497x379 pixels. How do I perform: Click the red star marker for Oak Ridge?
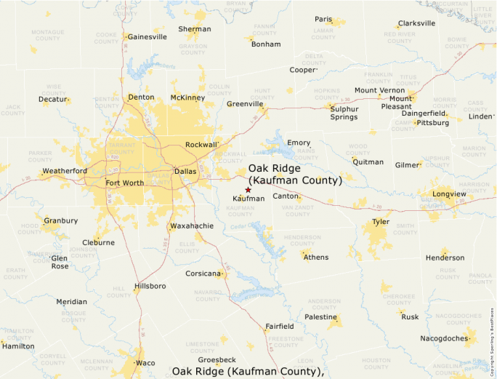click(248, 190)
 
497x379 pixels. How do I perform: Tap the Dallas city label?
click(185, 172)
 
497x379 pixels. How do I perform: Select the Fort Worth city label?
click(124, 183)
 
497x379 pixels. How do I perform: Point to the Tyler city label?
click(381, 221)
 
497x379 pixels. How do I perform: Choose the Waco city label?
click(145, 362)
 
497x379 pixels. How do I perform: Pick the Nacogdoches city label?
click(444, 338)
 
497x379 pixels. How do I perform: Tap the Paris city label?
click(323, 20)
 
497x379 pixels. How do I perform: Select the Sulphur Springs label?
click(344, 113)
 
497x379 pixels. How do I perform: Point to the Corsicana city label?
click(202, 274)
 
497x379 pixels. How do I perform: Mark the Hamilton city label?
click(18, 346)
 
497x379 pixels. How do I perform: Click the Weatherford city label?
click(65, 171)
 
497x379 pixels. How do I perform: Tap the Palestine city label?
click(320, 317)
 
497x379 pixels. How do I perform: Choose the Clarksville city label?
click(417, 23)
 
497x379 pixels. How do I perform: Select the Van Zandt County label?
click(296, 211)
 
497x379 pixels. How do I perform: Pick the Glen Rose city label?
click(60, 262)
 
